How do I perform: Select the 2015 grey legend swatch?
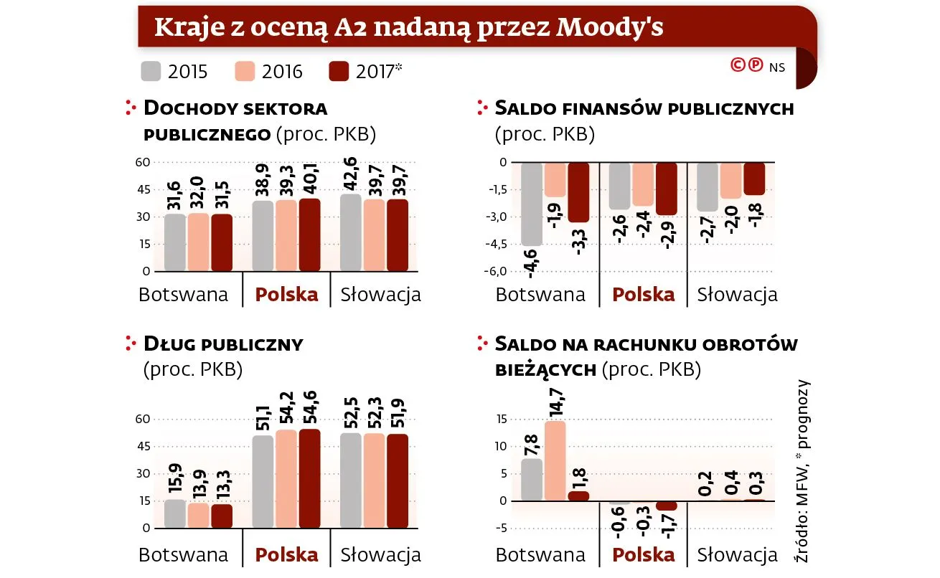coord(151,71)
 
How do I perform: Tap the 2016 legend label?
coord(282,72)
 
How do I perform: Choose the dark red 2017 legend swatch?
coord(338,71)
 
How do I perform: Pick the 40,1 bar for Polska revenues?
coord(310,235)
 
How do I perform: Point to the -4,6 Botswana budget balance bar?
coord(532,204)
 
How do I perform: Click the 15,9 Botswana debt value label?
coord(174,478)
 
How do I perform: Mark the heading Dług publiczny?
coord(223,344)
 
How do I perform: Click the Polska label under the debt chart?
coord(287,554)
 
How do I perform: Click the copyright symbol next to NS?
coord(738,65)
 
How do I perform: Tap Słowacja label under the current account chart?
coord(738,554)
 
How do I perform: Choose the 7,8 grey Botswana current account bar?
coord(532,479)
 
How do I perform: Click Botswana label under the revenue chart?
coord(183,295)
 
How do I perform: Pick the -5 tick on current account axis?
coord(503,529)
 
